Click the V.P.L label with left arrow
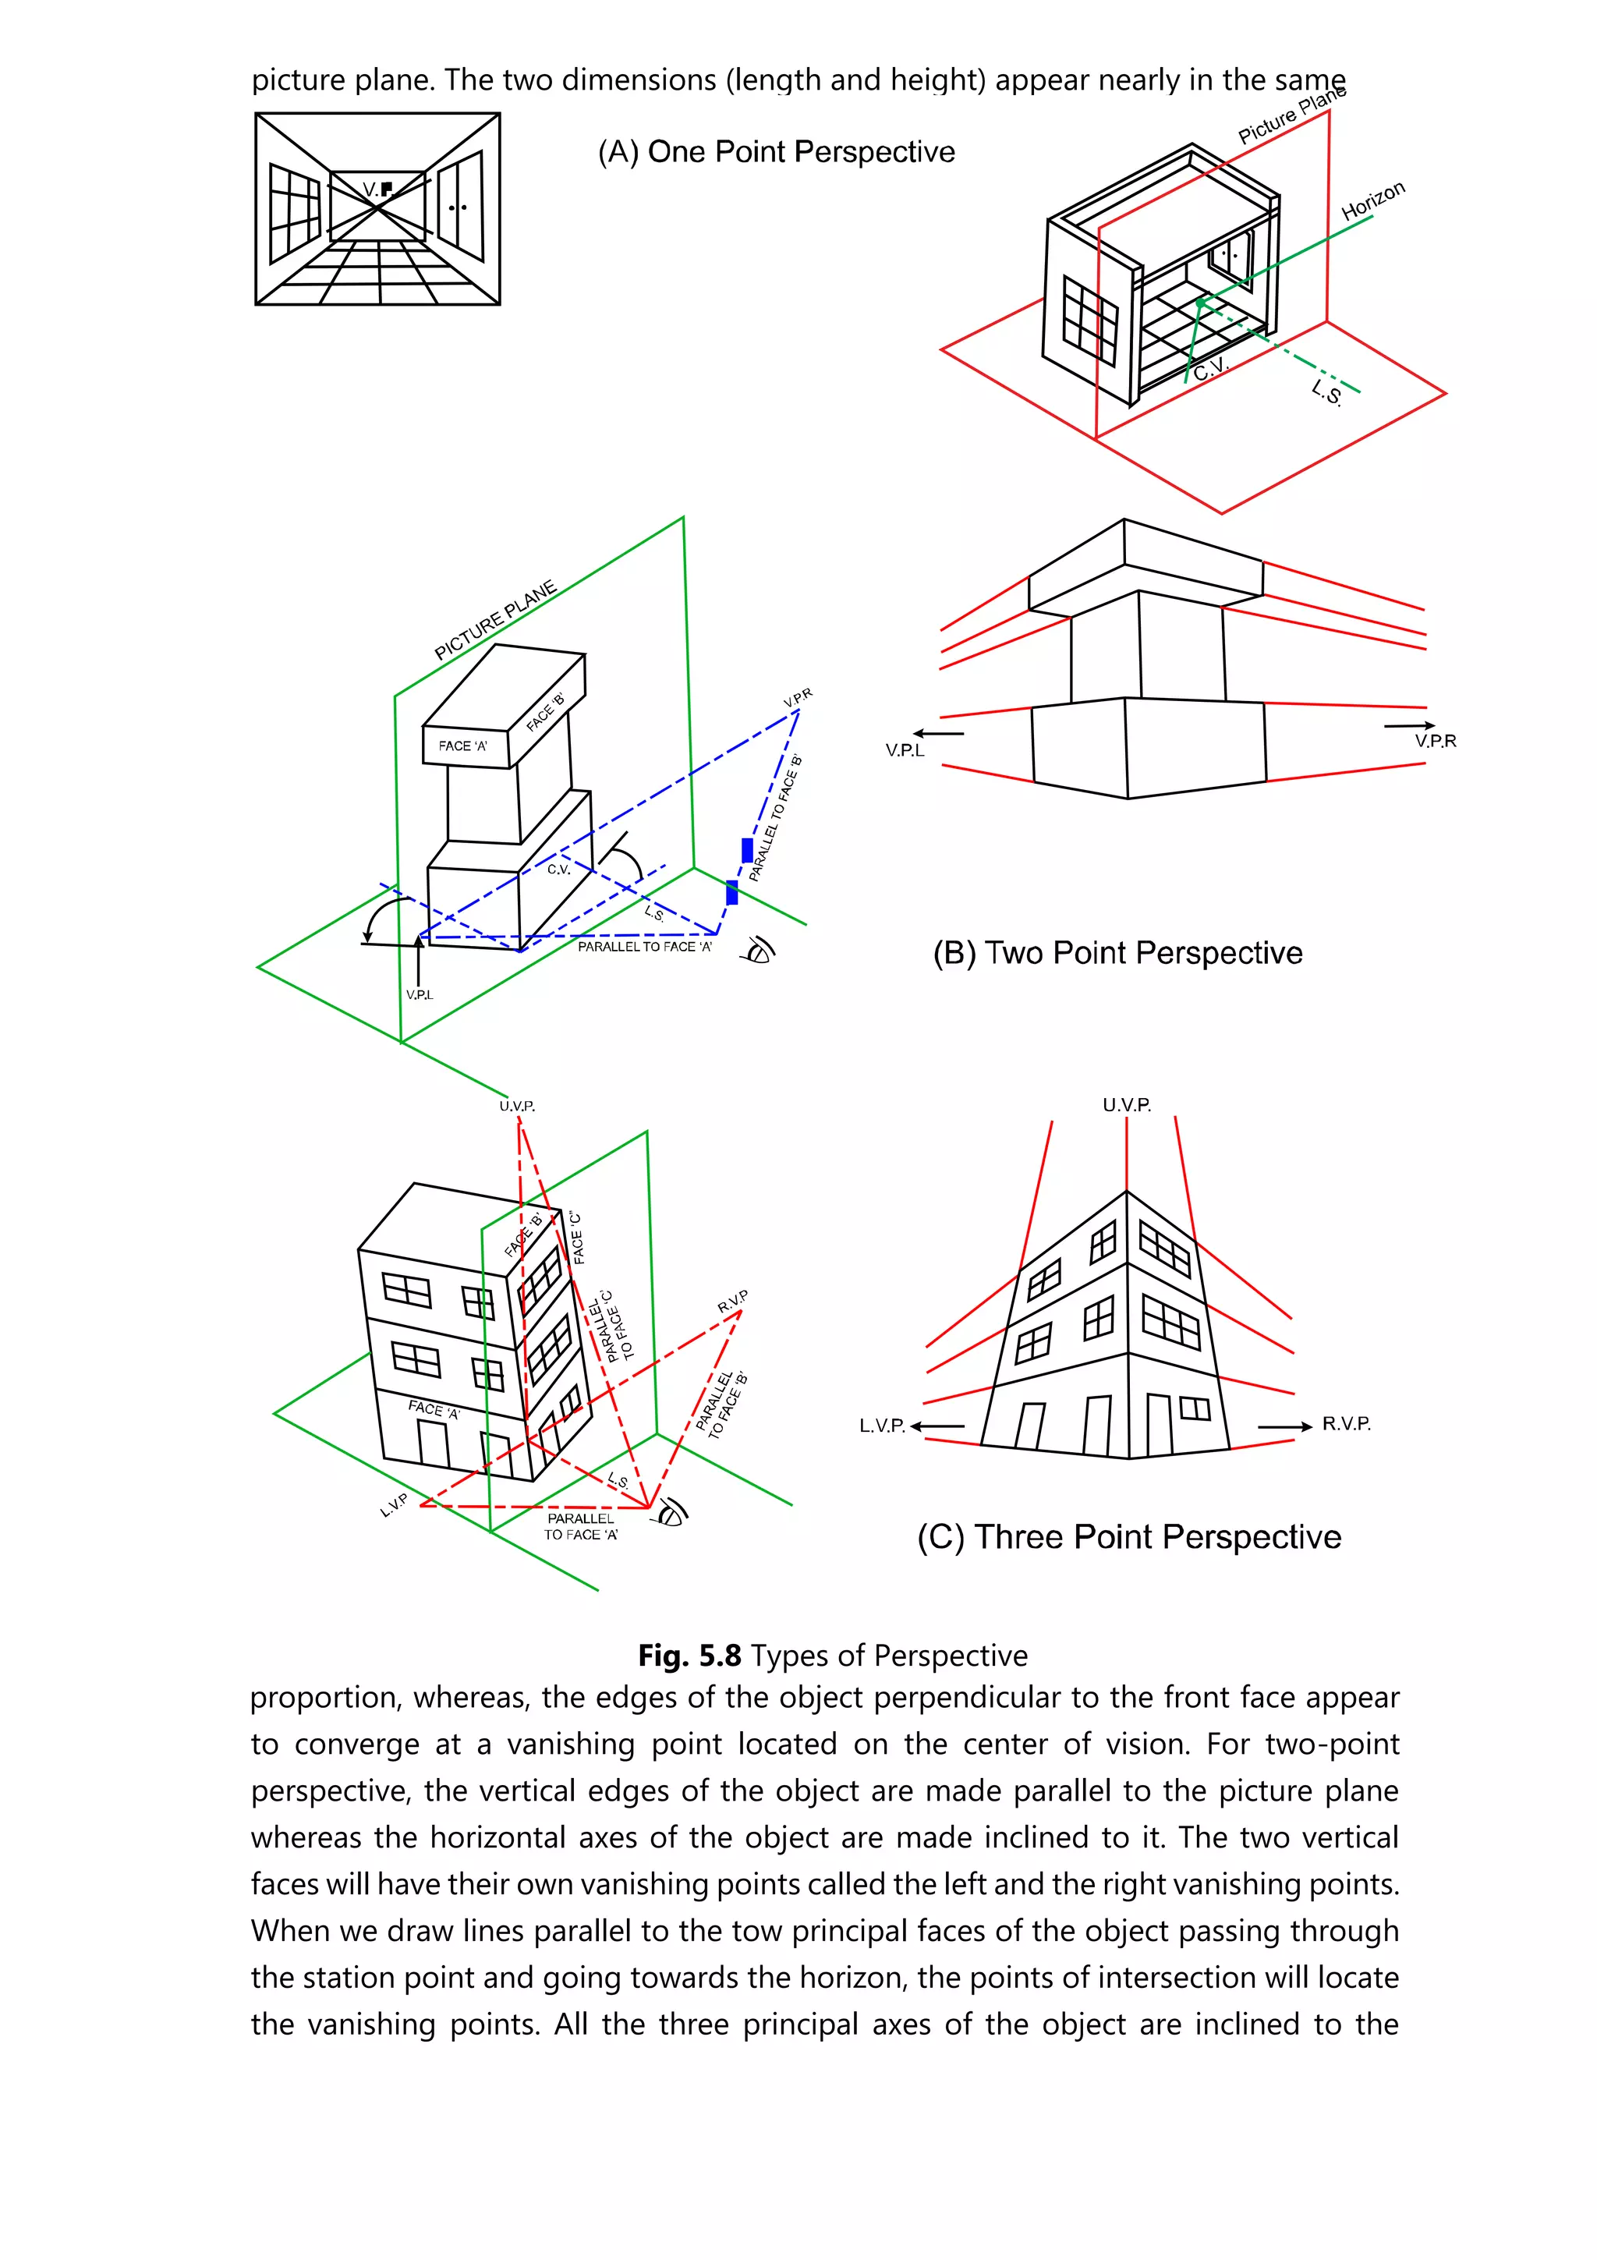click(905, 750)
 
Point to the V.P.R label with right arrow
click(1435, 740)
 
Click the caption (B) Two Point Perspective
click(1117, 952)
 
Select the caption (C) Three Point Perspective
click(1128, 1536)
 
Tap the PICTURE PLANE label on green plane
click(495, 620)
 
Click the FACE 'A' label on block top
click(462, 746)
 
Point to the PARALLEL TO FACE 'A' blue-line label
click(645, 946)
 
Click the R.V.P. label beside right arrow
click(1345, 1423)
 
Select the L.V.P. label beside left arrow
click(882, 1426)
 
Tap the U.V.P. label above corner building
click(1126, 1104)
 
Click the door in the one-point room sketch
click(459, 207)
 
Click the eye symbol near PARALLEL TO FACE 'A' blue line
click(760, 950)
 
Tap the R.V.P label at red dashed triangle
click(732, 1302)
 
